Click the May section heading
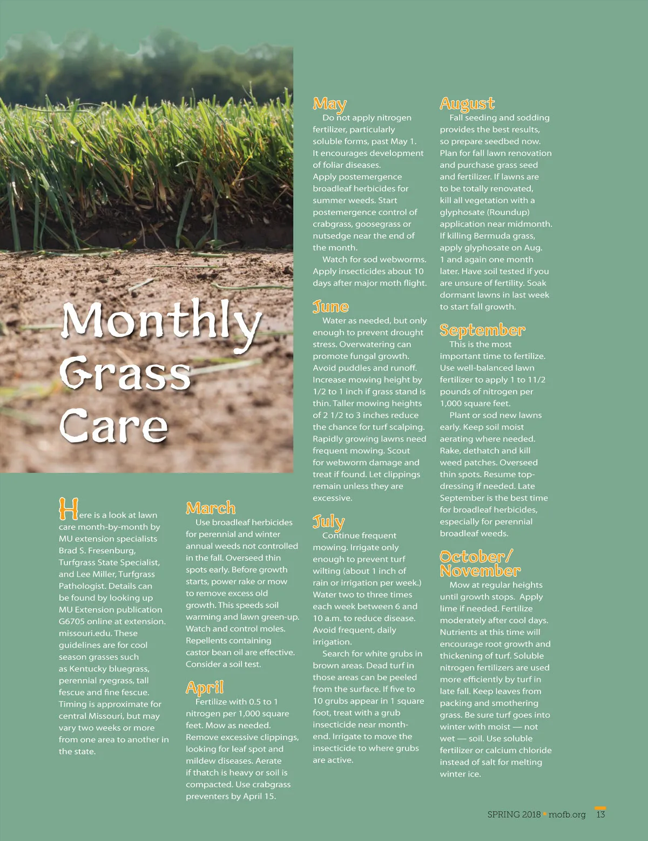pos(329,104)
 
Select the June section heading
pos(330,307)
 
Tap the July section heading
pos(328,521)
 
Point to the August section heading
pos(467,103)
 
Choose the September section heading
pos(482,330)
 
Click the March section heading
pos(211,508)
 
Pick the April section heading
pos(204,687)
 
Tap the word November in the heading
pos(480,571)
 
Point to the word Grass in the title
pos(125,374)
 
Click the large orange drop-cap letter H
pos(68,509)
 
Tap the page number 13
pos(600,815)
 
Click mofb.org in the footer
pos(567,815)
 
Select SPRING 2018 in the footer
pos(514,815)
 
